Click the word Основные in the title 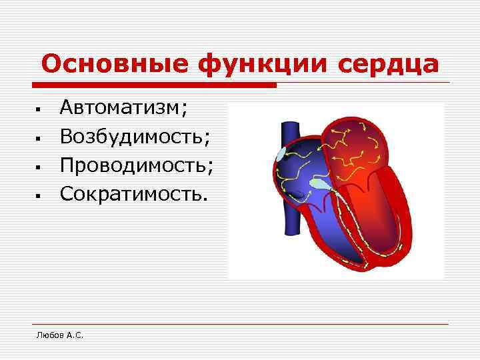point(115,65)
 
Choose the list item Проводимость point(137,165)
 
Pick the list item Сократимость point(133,193)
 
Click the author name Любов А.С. point(59,335)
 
